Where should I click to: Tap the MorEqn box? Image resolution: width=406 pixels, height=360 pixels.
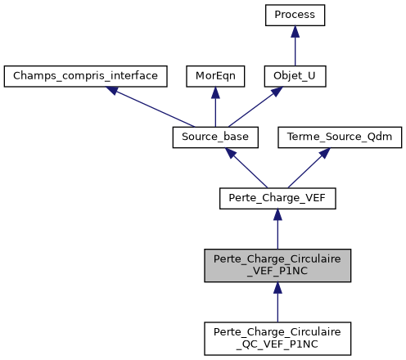pos(214,76)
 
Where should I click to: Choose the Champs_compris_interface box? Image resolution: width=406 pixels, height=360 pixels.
pos(86,76)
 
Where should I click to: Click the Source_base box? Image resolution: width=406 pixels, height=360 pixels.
pos(214,137)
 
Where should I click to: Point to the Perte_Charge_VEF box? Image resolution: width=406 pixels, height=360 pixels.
pos(277,198)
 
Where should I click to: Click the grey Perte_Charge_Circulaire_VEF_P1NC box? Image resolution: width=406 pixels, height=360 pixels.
pos(277,267)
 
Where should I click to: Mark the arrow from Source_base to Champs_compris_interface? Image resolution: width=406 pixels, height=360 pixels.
pos(151,106)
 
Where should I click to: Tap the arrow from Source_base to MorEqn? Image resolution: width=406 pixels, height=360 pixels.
pos(214,109)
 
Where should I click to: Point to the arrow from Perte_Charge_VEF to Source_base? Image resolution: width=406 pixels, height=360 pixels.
pos(246,168)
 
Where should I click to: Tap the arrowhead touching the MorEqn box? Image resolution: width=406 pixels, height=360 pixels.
pos(214,92)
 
